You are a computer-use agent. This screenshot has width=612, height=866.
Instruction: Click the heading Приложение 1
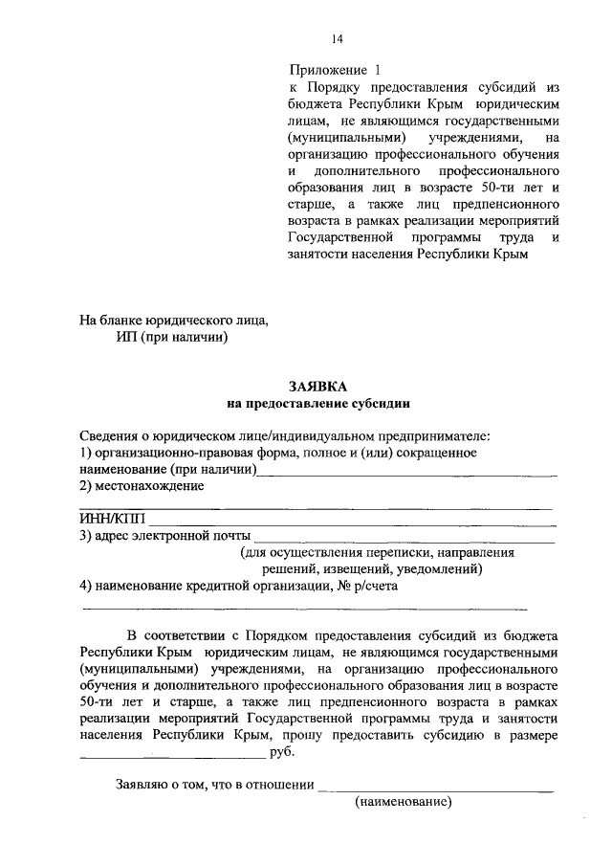[x=334, y=70]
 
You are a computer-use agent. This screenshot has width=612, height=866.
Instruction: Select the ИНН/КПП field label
[x=110, y=518]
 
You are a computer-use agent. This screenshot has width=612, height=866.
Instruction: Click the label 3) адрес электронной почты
[x=165, y=535]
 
